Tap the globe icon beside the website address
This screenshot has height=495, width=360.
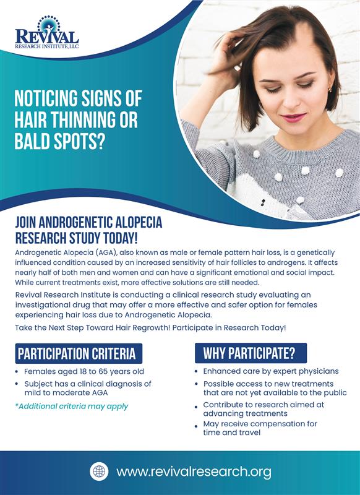click(x=99, y=471)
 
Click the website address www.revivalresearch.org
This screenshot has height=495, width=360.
click(x=194, y=472)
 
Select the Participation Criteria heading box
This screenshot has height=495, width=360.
click(x=79, y=353)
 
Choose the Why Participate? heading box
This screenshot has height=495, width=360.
click(x=251, y=353)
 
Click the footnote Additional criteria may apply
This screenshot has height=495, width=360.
click(x=72, y=407)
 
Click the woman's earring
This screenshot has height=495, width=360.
click(x=330, y=90)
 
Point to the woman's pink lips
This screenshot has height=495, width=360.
click(x=293, y=118)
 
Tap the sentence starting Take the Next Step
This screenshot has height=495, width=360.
click(x=150, y=328)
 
